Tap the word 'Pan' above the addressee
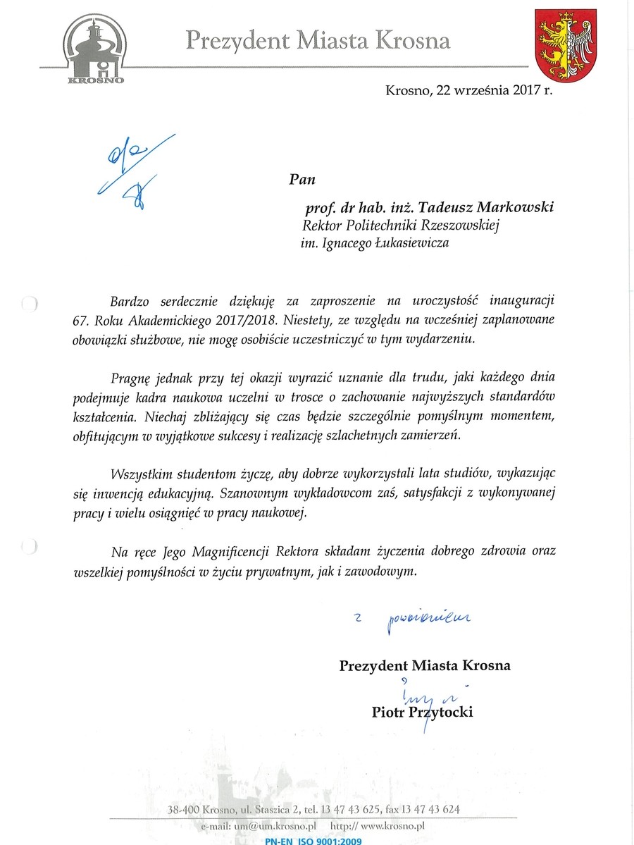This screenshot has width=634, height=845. point(302,178)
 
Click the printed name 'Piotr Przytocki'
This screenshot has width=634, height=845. point(422,713)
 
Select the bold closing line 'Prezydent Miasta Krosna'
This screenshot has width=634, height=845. point(425,665)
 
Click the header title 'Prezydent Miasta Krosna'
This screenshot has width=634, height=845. point(318,41)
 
